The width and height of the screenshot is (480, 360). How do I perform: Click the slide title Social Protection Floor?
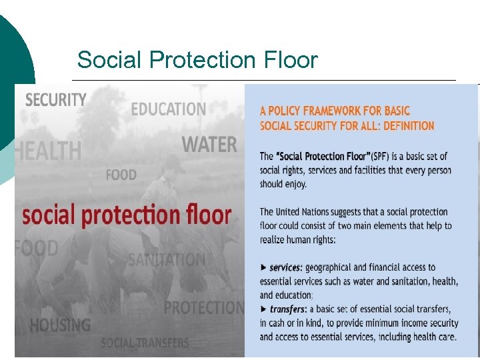coord(197,60)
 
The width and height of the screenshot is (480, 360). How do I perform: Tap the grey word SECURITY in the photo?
coord(56,100)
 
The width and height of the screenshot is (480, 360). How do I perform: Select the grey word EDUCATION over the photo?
coord(169,109)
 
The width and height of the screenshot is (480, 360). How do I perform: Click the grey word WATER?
coord(209,144)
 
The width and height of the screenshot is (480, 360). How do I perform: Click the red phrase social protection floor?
coord(127,215)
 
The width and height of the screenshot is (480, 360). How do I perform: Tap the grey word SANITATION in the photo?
coord(167,259)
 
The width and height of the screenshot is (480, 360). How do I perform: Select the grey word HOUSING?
coord(60,325)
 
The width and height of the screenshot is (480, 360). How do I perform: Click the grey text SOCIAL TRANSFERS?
coord(145,343)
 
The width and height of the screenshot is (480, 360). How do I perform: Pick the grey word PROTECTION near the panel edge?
coord(204,307)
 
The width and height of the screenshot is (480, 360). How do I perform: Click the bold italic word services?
coord(286,268)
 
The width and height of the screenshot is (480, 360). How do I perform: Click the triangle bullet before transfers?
coord(263,309)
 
